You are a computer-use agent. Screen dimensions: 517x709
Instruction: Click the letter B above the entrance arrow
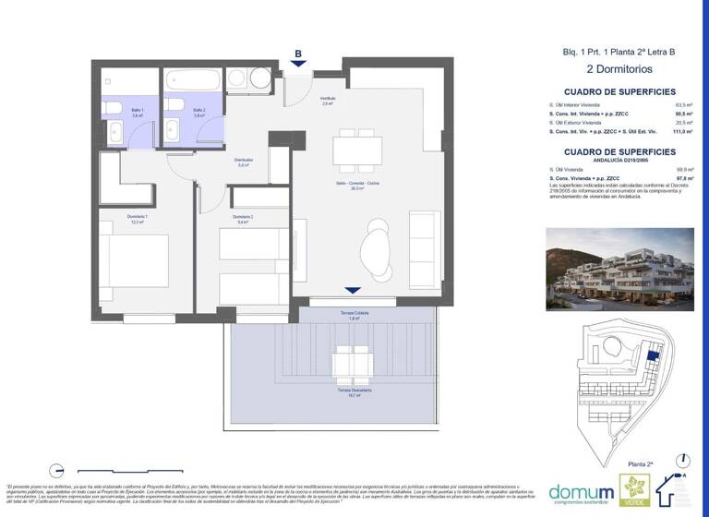pos(297,53)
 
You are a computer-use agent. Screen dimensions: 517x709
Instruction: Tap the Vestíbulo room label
pos(327,100)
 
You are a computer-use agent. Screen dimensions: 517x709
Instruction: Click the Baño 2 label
pos(198,112)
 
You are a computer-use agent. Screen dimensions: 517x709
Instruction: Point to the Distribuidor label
pos(243,162)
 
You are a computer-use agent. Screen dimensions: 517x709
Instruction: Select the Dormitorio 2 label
pos(245,219)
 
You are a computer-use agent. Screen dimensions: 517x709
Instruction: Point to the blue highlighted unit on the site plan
pos(654,352)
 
